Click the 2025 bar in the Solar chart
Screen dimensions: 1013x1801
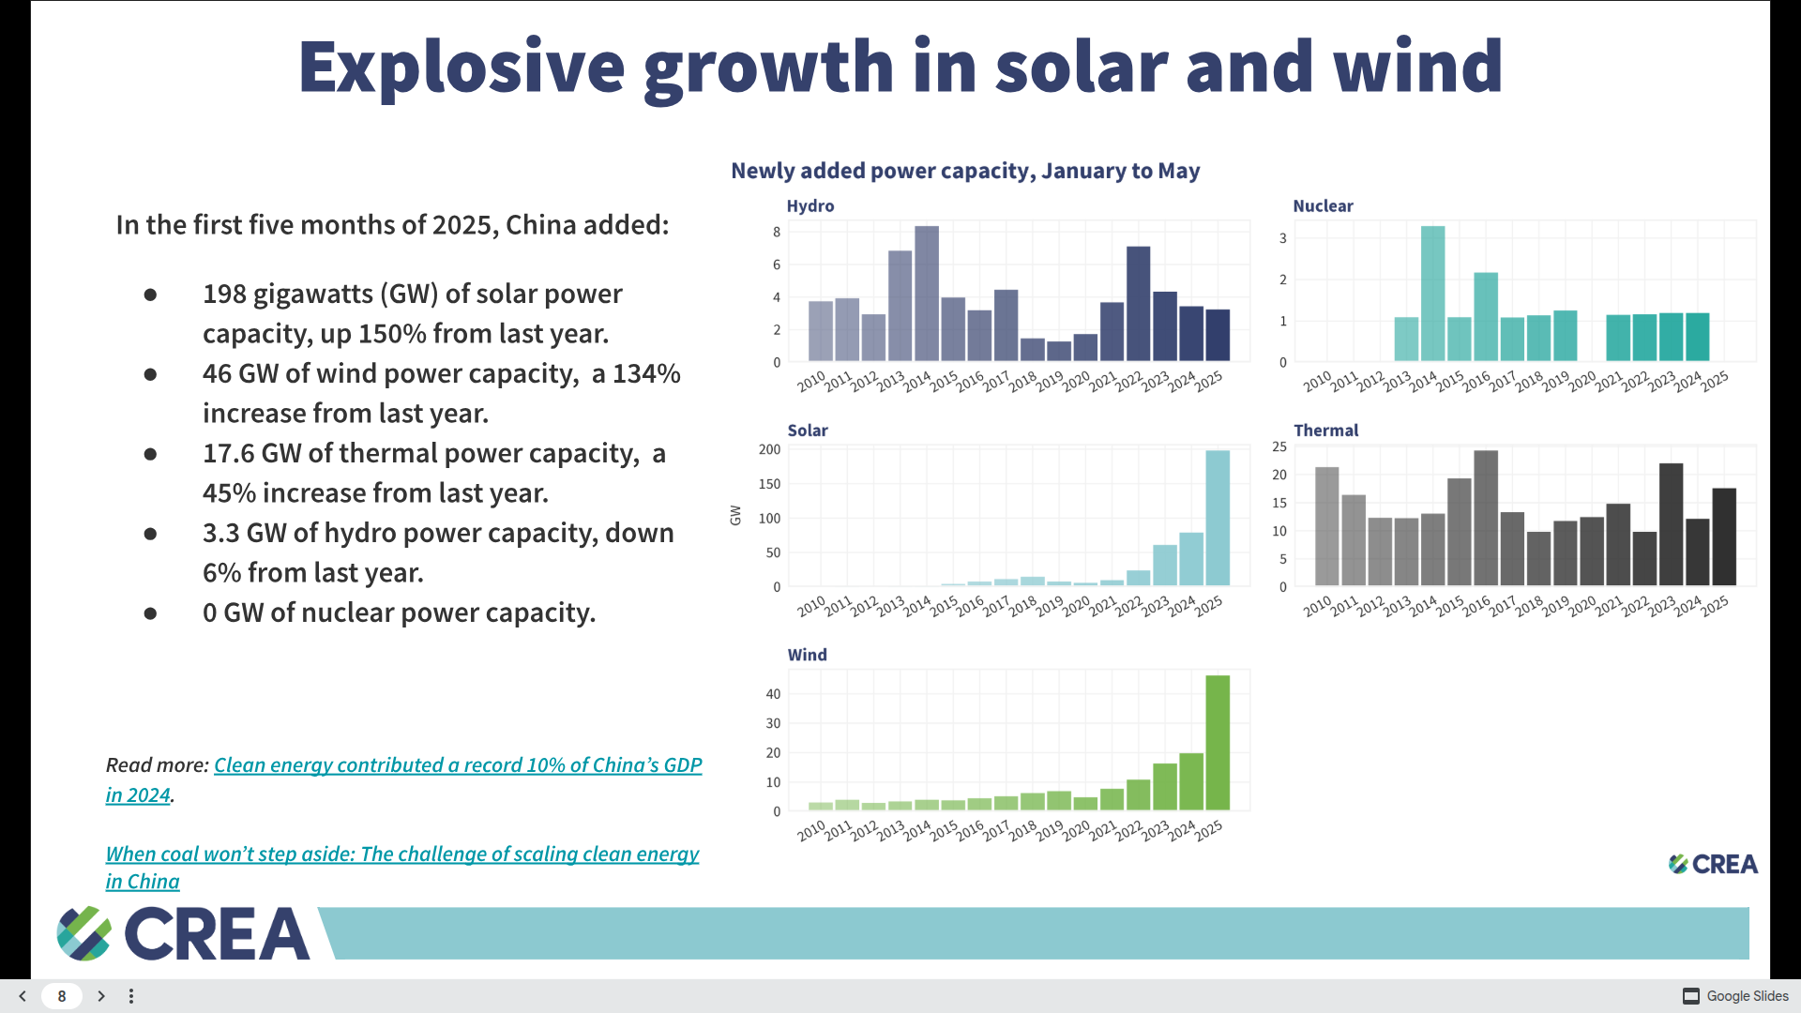1218,518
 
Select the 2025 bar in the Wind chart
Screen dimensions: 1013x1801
1218,742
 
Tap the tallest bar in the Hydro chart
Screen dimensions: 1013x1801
927,293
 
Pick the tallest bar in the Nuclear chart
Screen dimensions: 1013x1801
1432,293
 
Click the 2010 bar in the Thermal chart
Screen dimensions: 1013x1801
1326,526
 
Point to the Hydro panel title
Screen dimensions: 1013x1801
810,205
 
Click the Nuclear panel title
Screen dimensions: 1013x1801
1323,205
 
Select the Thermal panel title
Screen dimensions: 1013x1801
1325,430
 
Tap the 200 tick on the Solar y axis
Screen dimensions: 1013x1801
769,449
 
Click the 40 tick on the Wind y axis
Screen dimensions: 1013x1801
773,694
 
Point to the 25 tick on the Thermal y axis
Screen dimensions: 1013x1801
1279,446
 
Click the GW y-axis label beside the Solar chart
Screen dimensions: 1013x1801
735,515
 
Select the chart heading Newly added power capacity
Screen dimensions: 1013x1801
965,171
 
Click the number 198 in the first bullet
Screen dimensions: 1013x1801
224,294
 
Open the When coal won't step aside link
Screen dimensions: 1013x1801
401,854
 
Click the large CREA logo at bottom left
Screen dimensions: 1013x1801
184,933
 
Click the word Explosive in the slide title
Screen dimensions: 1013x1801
461,67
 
